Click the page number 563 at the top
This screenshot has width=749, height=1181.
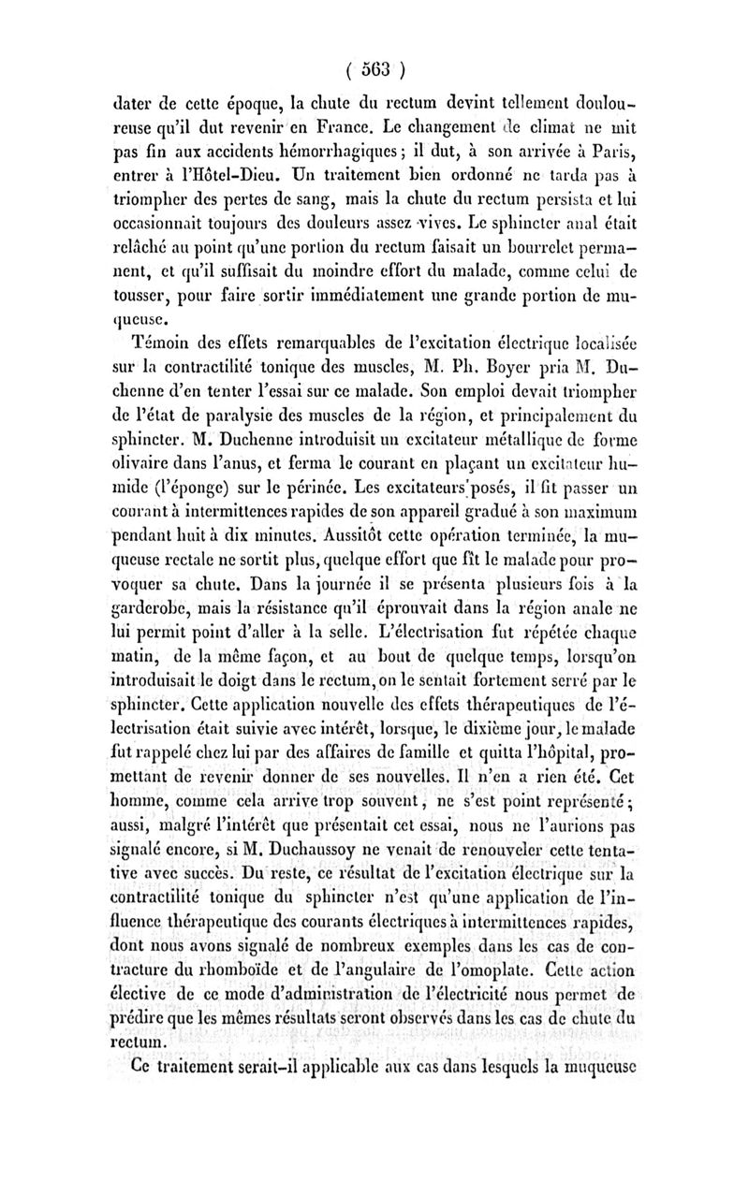(x=374, y=68)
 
